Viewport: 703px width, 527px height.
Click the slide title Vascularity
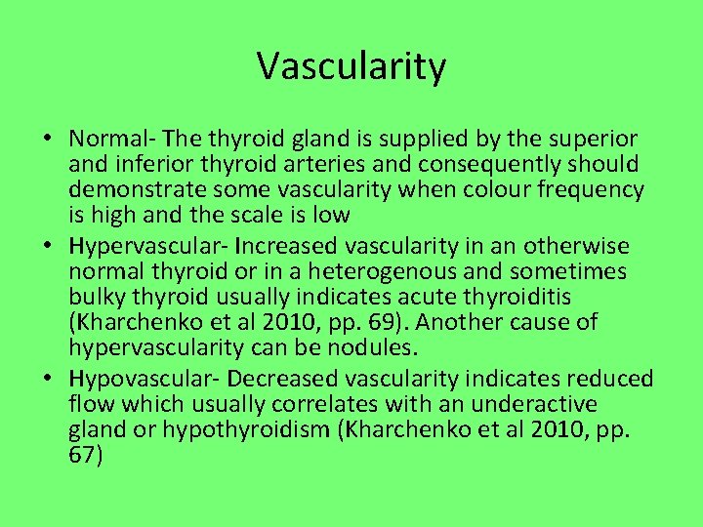click(351, 66)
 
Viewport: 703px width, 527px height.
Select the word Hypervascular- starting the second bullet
click(142, 246)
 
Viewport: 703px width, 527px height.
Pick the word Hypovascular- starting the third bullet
click(140, 379)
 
